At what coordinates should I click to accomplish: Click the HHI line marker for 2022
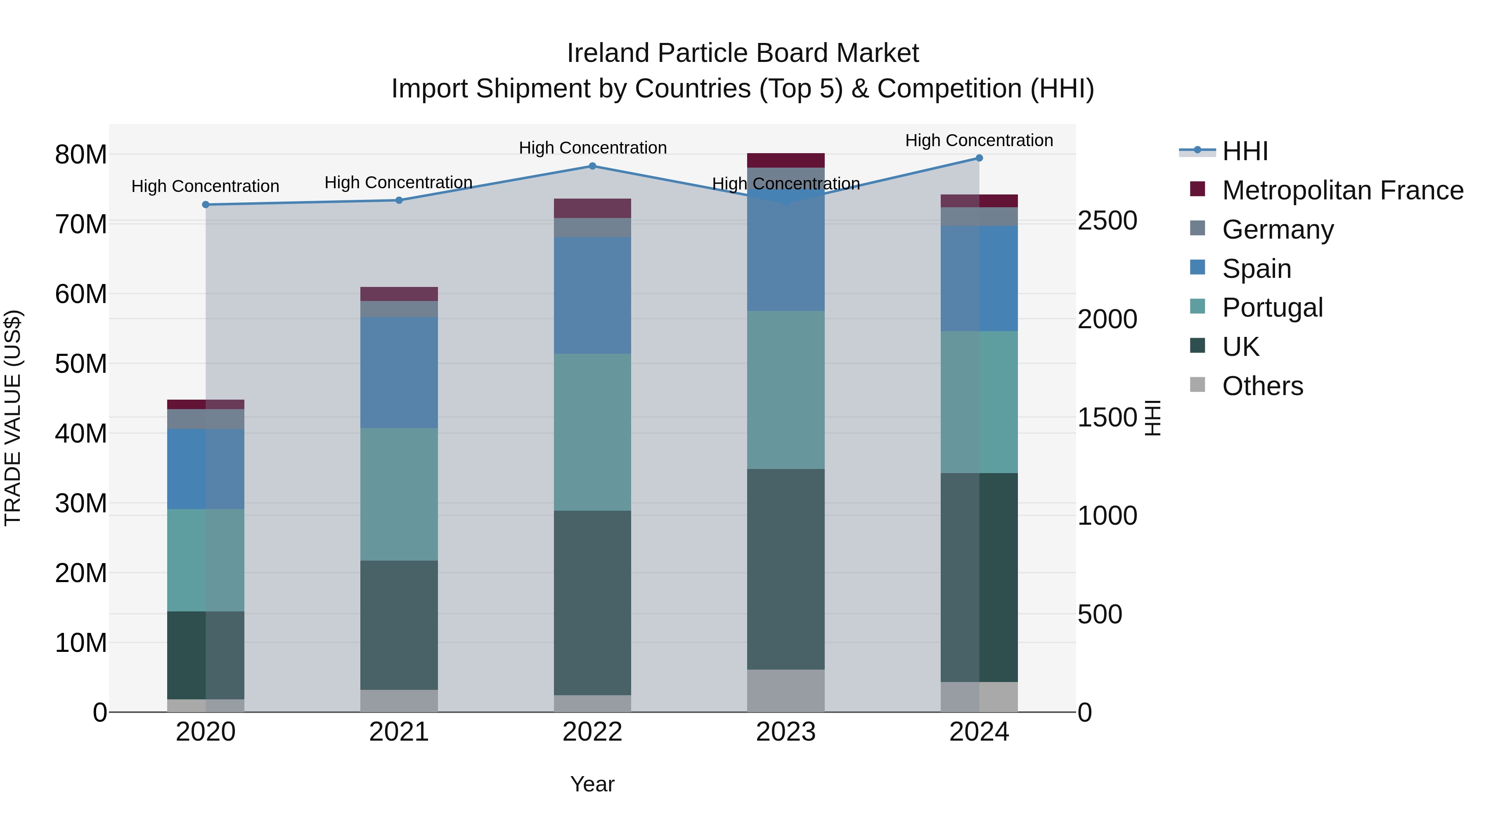coord(592,166)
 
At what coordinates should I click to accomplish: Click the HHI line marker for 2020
coord(206,205)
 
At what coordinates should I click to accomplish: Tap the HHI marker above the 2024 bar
coord(979,158)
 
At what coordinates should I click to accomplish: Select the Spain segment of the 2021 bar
coord(399,372)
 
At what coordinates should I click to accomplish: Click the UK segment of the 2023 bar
coord(786,569)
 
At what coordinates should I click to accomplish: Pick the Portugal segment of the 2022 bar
coord(592,432)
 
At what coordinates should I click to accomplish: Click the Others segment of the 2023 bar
coord(786,691)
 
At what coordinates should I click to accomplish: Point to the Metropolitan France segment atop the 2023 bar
coord(786,161)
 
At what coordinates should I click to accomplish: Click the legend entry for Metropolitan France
coord(1342,190)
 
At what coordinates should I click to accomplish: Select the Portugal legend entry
coord(1272,308)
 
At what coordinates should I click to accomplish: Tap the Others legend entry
coord(1262,386)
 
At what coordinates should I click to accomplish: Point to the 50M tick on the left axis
coord(81,364)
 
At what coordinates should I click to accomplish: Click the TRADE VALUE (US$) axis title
coord(13,418)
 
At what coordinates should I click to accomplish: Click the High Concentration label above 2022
coord(592,148)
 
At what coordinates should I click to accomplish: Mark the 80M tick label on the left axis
coord(81,155)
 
